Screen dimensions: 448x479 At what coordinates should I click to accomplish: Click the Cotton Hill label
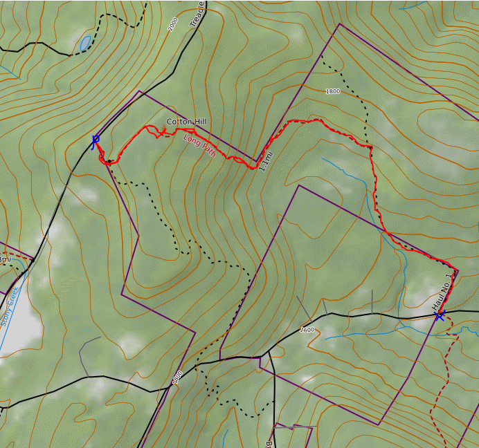coord(186,122)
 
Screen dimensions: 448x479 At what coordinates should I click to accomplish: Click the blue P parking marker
coord(95,141)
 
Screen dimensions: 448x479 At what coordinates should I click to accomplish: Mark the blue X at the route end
coord(439,316)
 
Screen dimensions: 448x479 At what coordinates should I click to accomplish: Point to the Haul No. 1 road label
coord(444,290)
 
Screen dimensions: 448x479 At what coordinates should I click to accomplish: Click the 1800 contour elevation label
coord(333,91)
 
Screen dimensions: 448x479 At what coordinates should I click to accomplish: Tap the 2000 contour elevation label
coord(173,24)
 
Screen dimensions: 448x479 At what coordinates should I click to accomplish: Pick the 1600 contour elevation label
coord(308,329)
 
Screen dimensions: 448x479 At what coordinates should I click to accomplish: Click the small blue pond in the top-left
coord(85,44)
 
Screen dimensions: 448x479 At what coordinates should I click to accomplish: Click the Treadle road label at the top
coord(199,12)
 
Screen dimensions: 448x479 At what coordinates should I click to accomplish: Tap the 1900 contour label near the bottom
coord(178,377)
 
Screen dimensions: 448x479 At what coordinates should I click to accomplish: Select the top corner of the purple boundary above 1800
coord(340,24)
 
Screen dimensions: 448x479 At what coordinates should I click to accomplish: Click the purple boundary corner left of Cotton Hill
coord(140,91)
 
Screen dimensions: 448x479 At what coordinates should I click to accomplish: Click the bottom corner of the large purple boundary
coord(379,424)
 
